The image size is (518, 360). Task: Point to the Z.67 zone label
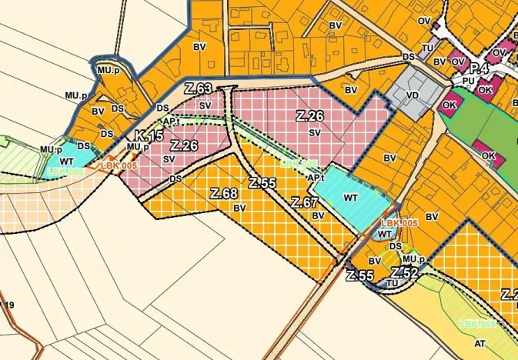[x=306, y=203]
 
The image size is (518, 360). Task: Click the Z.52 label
[x=404, y=273]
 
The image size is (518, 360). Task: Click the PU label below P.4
[x=469, y=80]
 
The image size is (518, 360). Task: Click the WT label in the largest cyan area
[x=351, y=198]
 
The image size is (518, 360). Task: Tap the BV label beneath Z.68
[x=239, y=208]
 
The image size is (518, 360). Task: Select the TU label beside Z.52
[x=393, y=282]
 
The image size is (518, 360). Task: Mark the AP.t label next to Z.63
[x=170, y=121]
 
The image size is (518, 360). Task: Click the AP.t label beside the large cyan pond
[x=314, y=178]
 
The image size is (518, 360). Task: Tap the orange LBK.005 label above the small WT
[x=399, y=222]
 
